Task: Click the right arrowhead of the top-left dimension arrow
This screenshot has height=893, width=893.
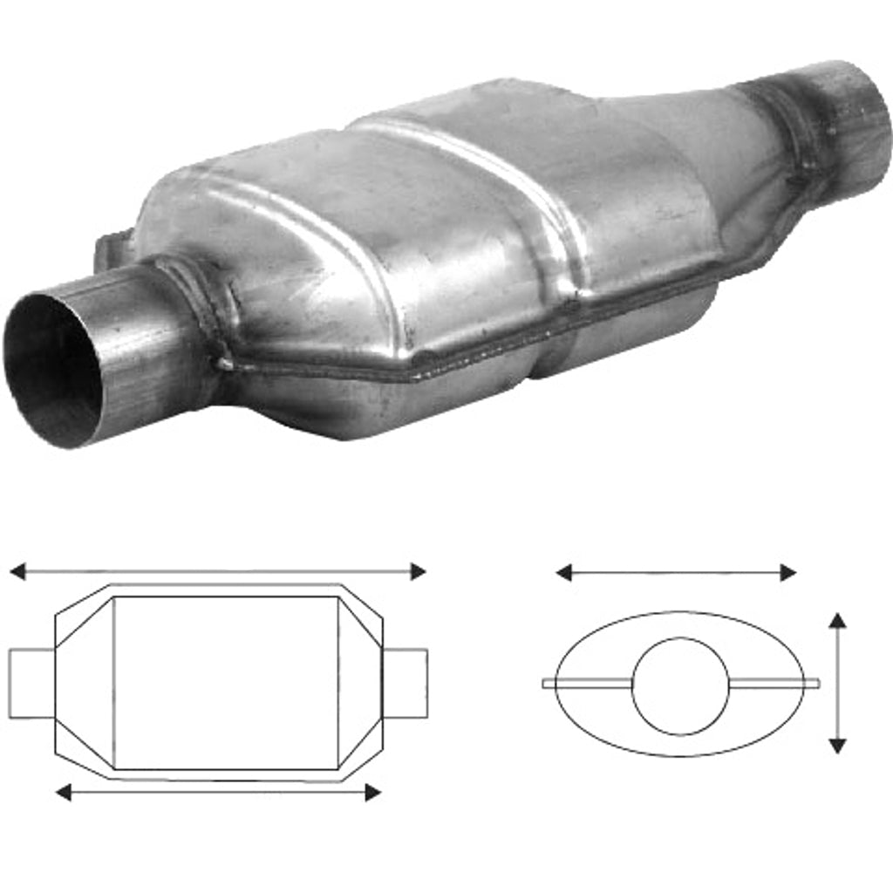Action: coord(418,572)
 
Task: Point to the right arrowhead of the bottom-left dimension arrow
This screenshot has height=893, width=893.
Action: coord(372,792)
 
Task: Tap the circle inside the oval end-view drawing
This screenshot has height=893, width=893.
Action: coord(680,685)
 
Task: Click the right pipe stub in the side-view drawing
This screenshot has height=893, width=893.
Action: coord(406,683)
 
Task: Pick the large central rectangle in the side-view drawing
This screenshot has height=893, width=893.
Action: coord(227,683)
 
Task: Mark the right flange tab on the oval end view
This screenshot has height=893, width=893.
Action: coord(776,682)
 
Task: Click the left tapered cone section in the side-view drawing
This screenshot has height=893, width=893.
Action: coord(85,683)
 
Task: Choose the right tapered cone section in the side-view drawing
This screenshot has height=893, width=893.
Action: coord(359,683)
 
